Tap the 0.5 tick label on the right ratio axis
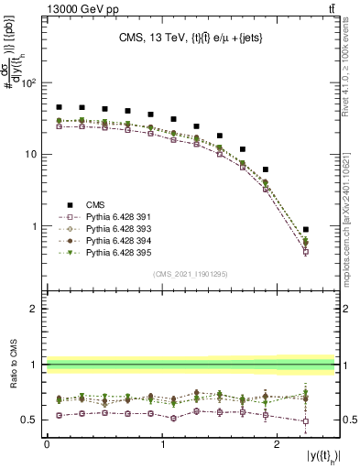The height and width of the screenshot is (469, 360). (347, 420)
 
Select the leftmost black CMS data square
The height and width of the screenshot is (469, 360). (59, 107)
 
